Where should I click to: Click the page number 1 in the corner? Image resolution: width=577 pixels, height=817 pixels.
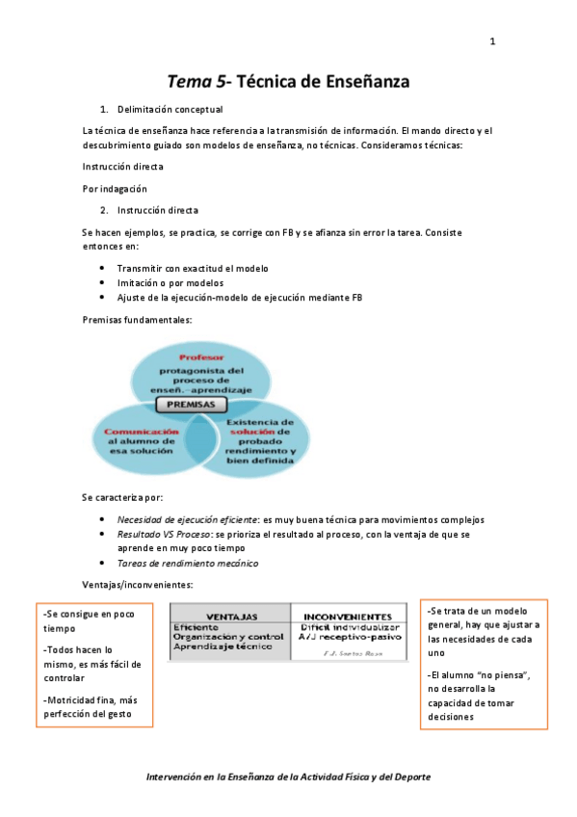click(491, 41)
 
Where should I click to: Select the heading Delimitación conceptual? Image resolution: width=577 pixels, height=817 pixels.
click(170, 110)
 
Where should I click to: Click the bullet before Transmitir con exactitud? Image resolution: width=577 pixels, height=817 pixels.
click(103, 268)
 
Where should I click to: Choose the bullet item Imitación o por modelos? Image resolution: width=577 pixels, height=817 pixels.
click(170, 282)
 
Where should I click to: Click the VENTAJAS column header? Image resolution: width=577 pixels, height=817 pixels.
click(229, 616)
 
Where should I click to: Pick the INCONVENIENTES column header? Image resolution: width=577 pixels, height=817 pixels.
click(347, 616)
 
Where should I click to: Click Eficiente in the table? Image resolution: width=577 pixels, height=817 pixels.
click(196, 627)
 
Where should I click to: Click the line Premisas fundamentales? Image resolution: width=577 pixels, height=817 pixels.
click(137, 319)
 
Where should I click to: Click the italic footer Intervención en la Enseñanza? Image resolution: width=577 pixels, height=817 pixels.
click(288, 776)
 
